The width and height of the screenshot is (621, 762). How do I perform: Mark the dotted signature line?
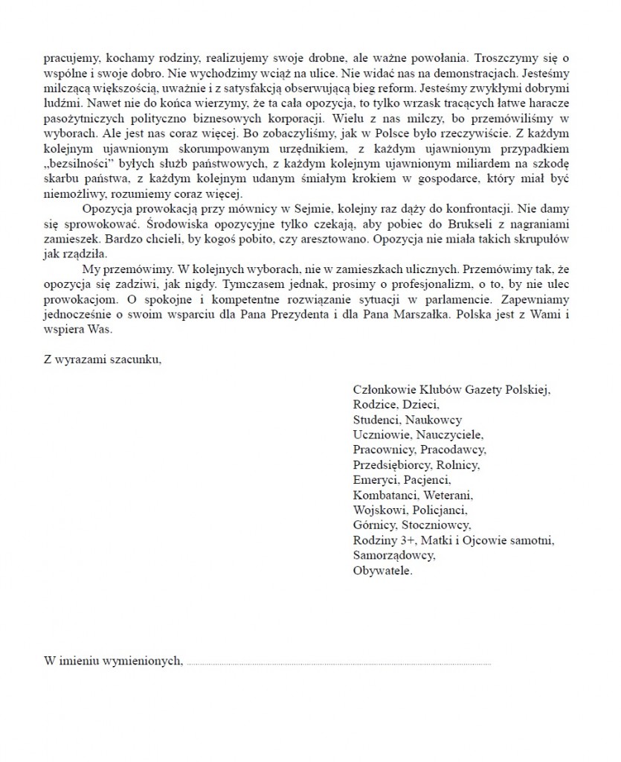pos(338,661)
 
